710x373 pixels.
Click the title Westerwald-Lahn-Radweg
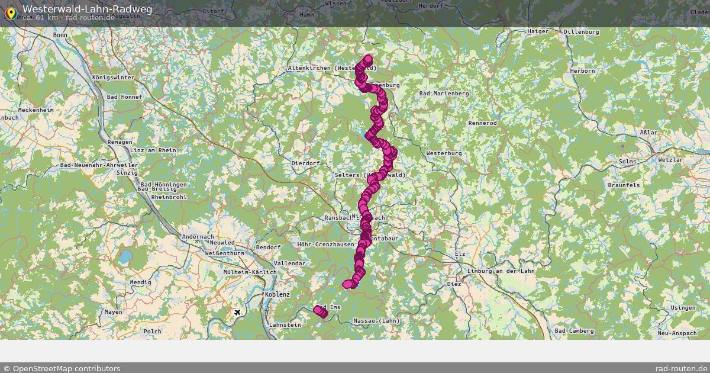coord(87,9)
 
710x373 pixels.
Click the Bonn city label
coord(60,36)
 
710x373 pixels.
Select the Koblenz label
coord(277,294)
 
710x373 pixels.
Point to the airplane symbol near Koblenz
coord(238,312)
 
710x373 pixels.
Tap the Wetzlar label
coord(670,160)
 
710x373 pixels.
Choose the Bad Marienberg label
coord(444,94)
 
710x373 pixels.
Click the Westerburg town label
coord(444,153)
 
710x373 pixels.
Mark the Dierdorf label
coord(306,163)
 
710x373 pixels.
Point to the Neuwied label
coord(222,243)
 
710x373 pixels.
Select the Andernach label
coord(198,236)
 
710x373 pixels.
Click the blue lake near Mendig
coord(125,257)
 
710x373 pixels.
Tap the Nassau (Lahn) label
coord(376,321)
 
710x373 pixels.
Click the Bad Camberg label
coord(574,330)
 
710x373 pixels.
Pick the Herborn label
coord(582,71)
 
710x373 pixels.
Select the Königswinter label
coord(114,78)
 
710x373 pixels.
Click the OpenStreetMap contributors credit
coord(62,368)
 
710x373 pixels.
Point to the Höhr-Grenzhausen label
coord(326,244)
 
